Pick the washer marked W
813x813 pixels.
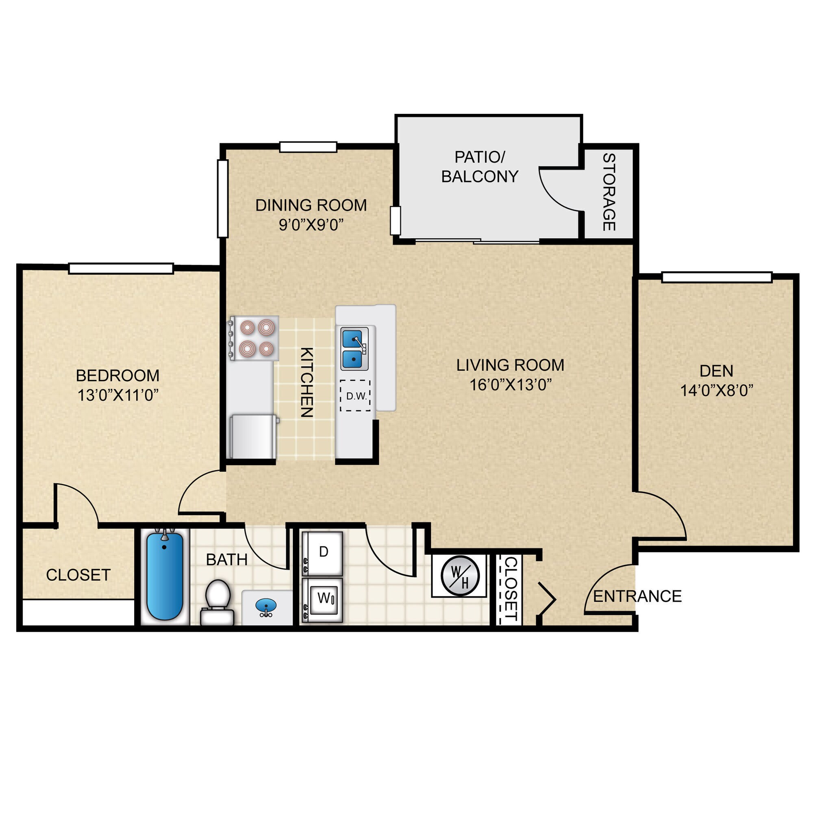click(x=323, y=600)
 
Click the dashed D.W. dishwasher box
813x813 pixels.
click(x=356, y=396)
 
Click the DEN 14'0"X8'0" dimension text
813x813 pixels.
click(x=717, y=391)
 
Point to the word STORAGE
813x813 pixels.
click(x=609, y=192)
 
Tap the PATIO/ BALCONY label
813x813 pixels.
click(x=480, y=167)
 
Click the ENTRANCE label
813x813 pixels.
click(x=637, y=596)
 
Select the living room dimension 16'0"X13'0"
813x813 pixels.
click(x=510, y=385)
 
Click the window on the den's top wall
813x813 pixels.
click(x=717, y=277)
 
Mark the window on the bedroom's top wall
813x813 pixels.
click(x=121, y=268)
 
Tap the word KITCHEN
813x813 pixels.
click(x=307, y=382)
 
